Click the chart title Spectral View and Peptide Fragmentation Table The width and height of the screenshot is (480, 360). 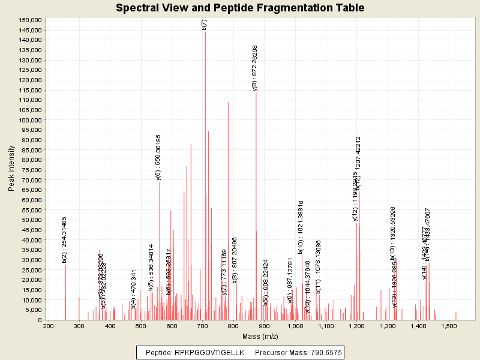240,8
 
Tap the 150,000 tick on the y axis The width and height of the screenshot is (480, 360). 29,20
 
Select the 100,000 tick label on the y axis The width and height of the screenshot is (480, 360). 29,120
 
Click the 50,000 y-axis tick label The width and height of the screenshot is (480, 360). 31,220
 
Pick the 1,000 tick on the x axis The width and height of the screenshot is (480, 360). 295,326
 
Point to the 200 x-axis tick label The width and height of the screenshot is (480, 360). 48,326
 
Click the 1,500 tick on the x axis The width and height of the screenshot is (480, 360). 450,326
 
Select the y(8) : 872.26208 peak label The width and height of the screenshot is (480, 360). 255,68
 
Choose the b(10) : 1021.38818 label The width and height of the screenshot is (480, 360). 301,227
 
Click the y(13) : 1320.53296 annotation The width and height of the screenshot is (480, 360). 393,233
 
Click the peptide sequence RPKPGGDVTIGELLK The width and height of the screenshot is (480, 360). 209,353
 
